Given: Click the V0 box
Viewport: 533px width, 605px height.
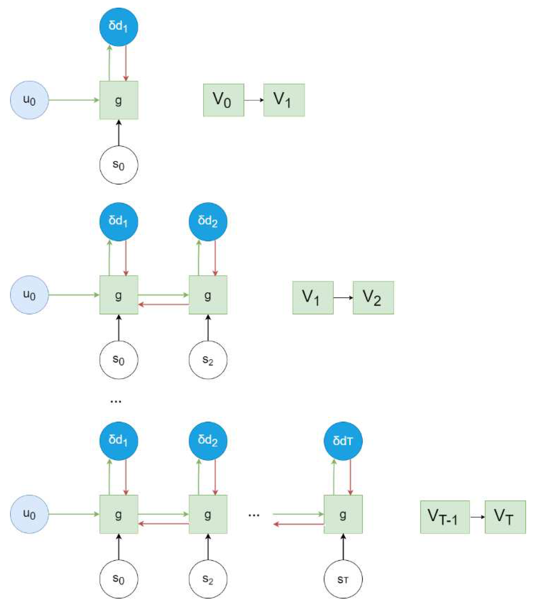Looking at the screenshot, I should pyautogui.click(x=223, y=100).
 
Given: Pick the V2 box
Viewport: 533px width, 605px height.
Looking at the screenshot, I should pyautogui.click(x=373, y=297).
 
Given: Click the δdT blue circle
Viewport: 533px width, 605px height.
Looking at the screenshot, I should pyautogui.click(x=343, y=441).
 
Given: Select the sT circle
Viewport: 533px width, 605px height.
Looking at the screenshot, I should pyautogui.click(x=343, y=579).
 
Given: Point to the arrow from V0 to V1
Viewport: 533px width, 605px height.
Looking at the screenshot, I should pyautogui.click(x=254, y=100).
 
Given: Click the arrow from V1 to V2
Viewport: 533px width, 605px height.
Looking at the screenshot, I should pyautogui.click(x=343, y=297).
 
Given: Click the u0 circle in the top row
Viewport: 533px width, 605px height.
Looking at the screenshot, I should pyautogui.click(x=29, y=100).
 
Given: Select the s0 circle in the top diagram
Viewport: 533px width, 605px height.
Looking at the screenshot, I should pyautogui.click(x=119, y=165).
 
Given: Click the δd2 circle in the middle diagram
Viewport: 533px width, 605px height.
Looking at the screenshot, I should pyautogui.click(x=208, y=221).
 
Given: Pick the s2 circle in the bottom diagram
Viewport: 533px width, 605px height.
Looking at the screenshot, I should pyautogui.click(x=208, y=579).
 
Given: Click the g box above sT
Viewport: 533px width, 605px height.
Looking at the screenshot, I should pyautogui.click(x=343, y=514).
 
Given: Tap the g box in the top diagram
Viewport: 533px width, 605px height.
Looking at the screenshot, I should pyautogui.click(x=119, y=100).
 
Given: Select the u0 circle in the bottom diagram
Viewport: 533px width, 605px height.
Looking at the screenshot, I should pyautogui.click(x=29, y=514).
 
